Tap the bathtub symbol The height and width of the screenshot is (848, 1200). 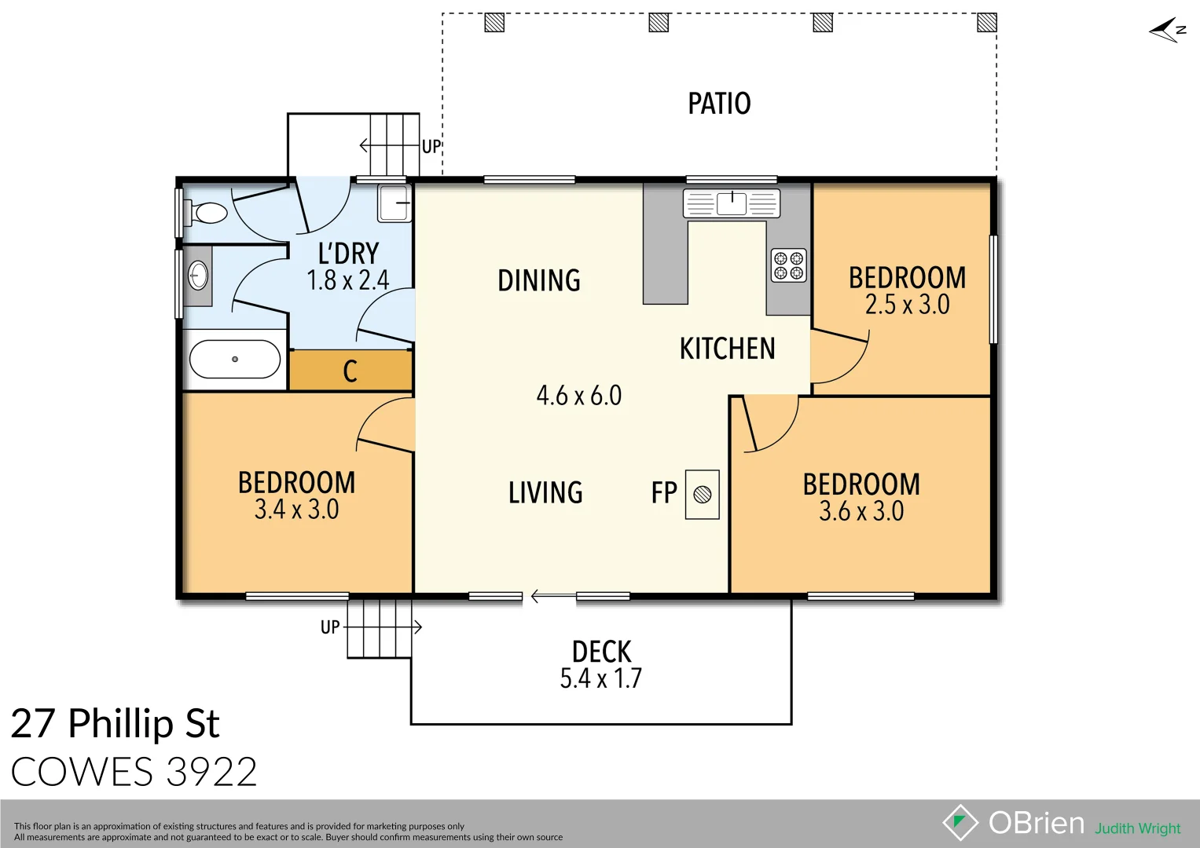[x=235, y=360]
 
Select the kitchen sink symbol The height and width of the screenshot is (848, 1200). [x=731, y=203]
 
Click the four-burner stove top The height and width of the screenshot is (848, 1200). [x=788, y=265]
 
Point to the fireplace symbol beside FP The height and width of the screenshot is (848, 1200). [x=703, y=495]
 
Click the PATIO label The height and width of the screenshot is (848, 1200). [x=719, y=104]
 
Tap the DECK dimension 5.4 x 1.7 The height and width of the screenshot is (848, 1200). [x=600, y=678]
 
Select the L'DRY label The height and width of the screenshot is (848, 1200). [x=348, y=254]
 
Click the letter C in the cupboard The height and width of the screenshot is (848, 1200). [x=350, y=371]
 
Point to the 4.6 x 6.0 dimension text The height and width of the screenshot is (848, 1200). [x=578, y=396]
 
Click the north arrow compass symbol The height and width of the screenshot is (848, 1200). [x=1167, y=31]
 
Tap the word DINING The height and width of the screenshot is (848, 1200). [x=539, y=281]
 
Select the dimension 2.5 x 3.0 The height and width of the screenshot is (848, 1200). [x=907, y=305]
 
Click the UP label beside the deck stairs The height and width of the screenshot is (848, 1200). [x=330, y=627]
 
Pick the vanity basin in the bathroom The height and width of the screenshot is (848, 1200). [x=199, y=276]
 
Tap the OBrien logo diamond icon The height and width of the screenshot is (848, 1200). [x=960, y=823]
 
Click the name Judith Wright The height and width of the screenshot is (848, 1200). [x=1137, y=828]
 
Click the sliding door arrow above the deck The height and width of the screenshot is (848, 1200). [x=550, y=597]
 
